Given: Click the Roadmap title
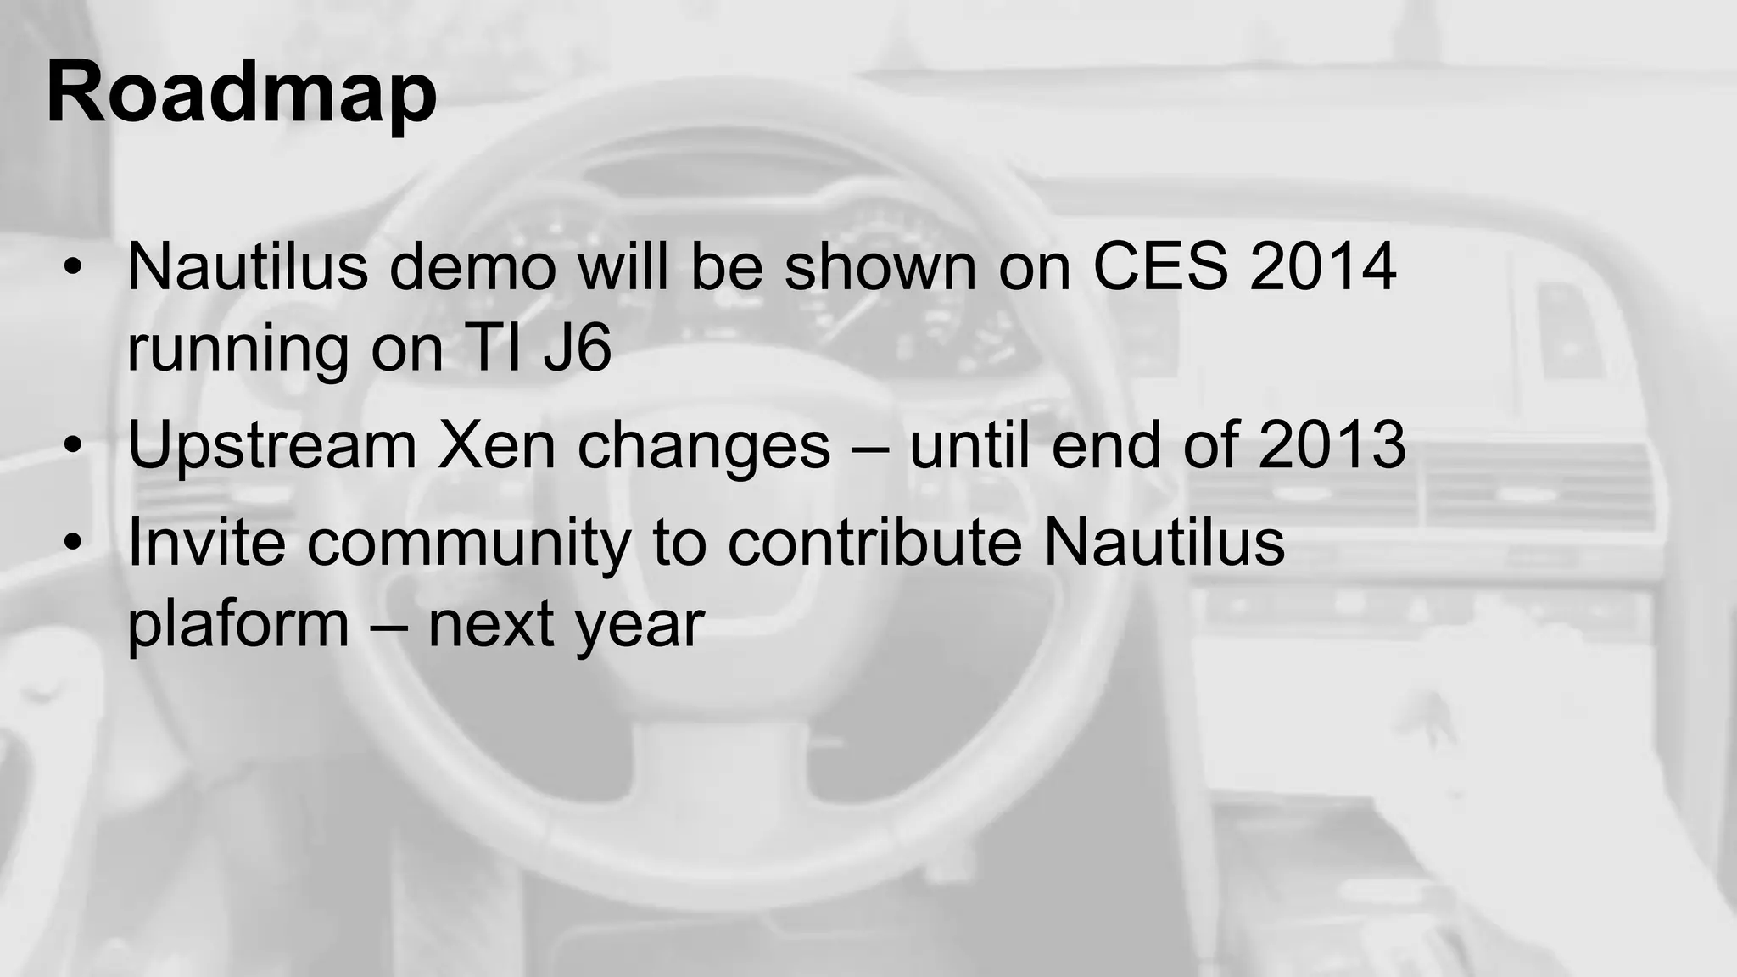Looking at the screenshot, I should point(242,92).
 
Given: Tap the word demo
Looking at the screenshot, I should point(472,266).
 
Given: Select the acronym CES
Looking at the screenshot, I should point(1159,266).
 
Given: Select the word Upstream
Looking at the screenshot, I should point(272,445).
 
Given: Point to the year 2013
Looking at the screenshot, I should point(1332,445).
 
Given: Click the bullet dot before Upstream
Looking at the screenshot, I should point(74,445).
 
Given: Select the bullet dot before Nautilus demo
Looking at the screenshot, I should point(74,266).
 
